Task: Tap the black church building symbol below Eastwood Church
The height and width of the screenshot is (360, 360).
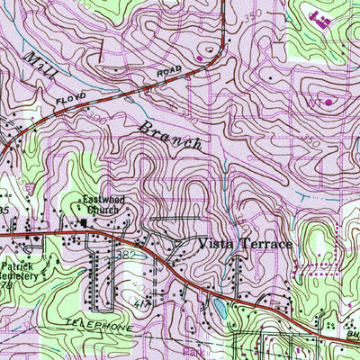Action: [x=84, y=223]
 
